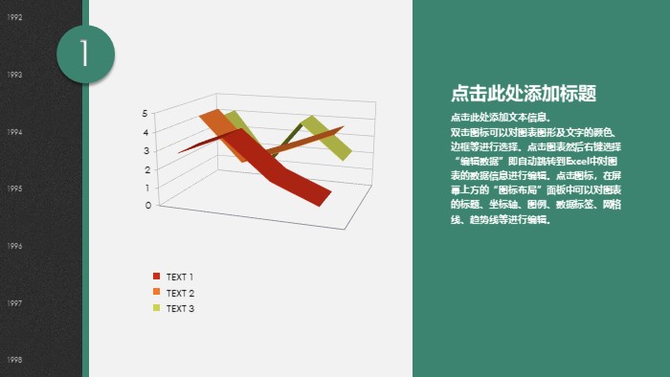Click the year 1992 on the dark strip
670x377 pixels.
15,17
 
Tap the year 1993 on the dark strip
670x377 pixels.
15,74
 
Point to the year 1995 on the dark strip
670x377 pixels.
15,188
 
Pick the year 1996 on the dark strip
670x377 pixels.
15,246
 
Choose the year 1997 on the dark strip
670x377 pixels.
15,302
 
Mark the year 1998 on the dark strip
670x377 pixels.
15,360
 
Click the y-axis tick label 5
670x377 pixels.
146,113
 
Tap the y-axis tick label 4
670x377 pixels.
146,131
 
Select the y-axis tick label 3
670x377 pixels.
146,149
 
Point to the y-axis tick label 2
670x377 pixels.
146,168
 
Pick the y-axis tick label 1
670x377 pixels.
146,187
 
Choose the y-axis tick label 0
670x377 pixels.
146,205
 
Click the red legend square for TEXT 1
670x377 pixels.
156,277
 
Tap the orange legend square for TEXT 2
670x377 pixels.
156,292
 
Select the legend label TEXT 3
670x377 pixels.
180,308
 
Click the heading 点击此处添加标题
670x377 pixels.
524,94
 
